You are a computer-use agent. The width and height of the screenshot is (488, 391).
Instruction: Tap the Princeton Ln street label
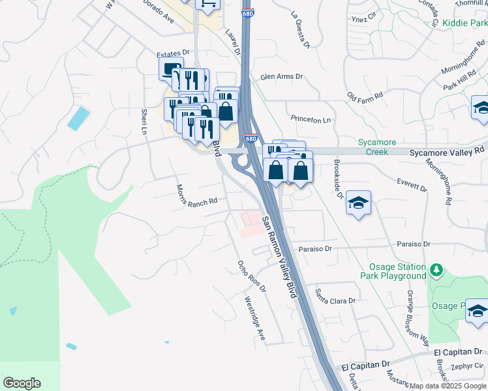point(311,120)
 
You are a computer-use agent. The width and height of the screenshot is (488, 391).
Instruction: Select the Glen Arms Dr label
point(282,76)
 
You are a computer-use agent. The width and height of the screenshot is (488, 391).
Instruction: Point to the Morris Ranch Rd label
point(196,195)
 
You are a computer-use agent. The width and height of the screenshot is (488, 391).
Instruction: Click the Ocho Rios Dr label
point(249,278)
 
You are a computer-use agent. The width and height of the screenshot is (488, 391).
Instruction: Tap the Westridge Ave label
point(254,319)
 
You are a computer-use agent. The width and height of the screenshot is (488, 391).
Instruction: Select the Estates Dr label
point(172,52)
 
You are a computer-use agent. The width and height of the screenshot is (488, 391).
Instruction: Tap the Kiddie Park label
point(464,23)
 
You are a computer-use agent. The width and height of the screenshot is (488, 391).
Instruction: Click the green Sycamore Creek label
point(373,147)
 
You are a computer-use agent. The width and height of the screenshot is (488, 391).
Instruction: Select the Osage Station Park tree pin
point(436,269)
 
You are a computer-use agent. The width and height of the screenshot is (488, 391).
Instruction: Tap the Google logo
point(22,383)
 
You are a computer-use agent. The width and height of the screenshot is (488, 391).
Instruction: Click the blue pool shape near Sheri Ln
point(78,118)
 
